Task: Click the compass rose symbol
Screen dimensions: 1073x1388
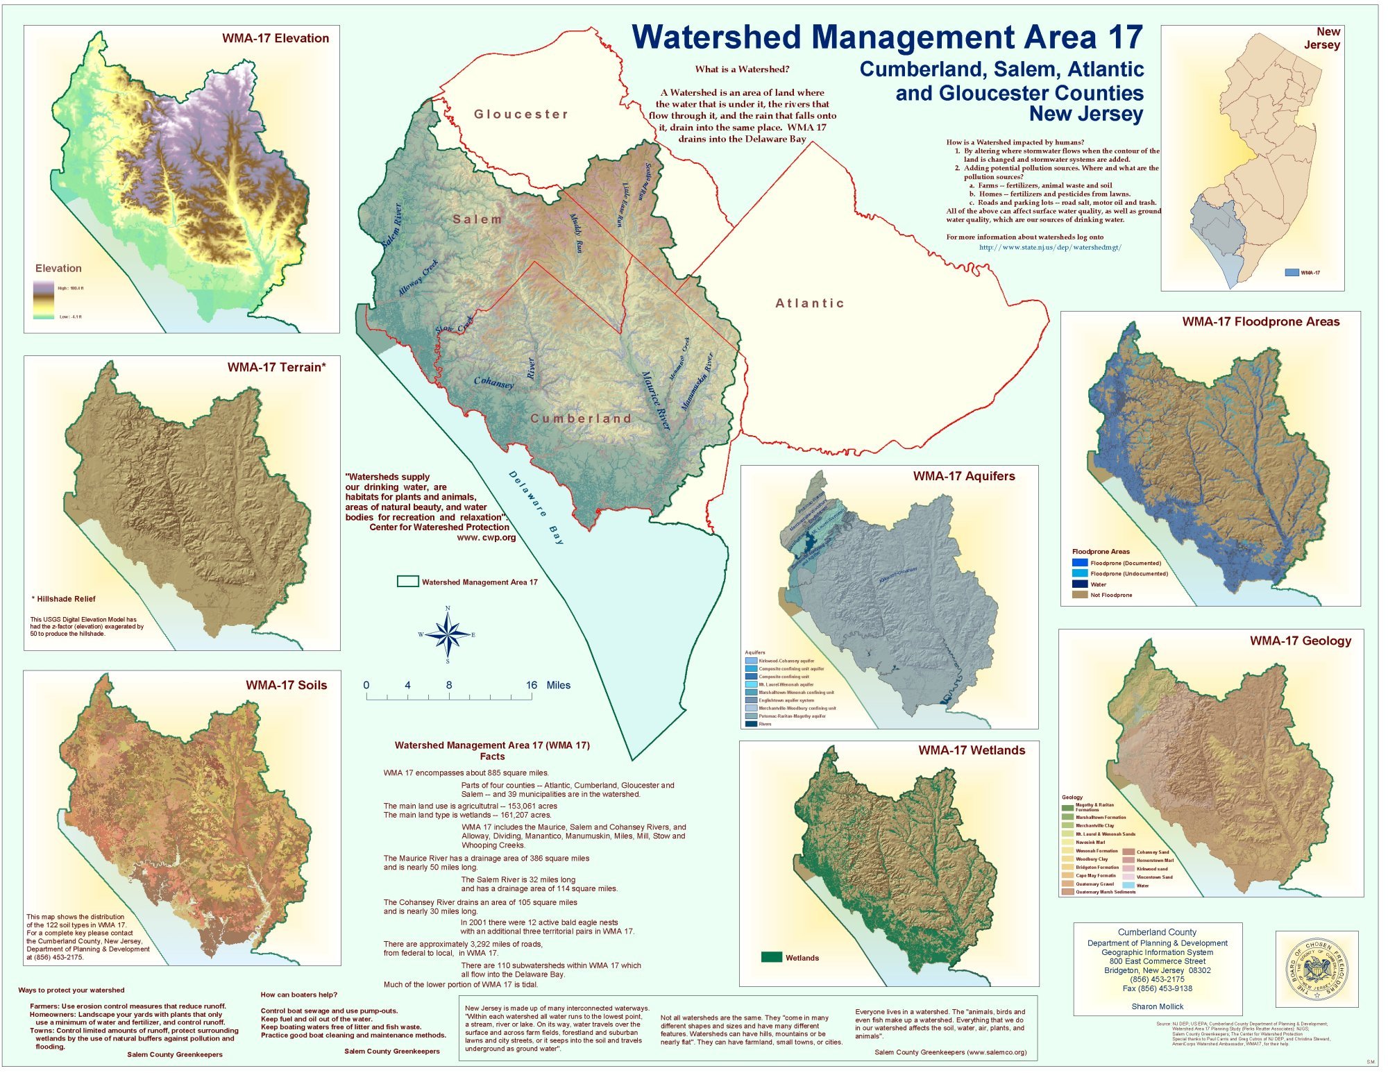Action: [448, 635]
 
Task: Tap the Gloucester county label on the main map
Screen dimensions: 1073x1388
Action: [521, 115]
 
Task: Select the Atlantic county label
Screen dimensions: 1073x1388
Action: [810, 303]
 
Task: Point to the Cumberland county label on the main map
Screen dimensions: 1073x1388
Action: [582, 419]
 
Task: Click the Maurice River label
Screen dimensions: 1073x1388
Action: [656, 400]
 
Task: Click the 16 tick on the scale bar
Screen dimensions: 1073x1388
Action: [531, 686]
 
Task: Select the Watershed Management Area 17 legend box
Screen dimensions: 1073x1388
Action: [407, 582]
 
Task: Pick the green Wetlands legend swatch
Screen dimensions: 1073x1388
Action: [772, 957]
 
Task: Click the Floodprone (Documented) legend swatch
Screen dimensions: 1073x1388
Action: [1079, 563]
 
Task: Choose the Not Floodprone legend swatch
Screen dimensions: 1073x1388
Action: [1079, 595]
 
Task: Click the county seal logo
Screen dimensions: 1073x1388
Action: [1317, 969]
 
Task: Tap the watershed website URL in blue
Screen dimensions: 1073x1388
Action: [1050, 247]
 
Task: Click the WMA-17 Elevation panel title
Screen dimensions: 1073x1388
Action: [276, 39]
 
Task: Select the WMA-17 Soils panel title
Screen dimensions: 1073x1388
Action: [286, 685]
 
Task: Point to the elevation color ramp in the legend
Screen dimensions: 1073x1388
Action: [44, 299]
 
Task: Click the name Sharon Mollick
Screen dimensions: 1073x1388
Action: [1157, 1006]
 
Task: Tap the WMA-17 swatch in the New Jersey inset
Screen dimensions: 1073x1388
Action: [1292, 273]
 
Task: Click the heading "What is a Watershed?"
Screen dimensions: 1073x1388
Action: [742, 69]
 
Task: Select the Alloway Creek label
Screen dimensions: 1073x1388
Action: [418, 278]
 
